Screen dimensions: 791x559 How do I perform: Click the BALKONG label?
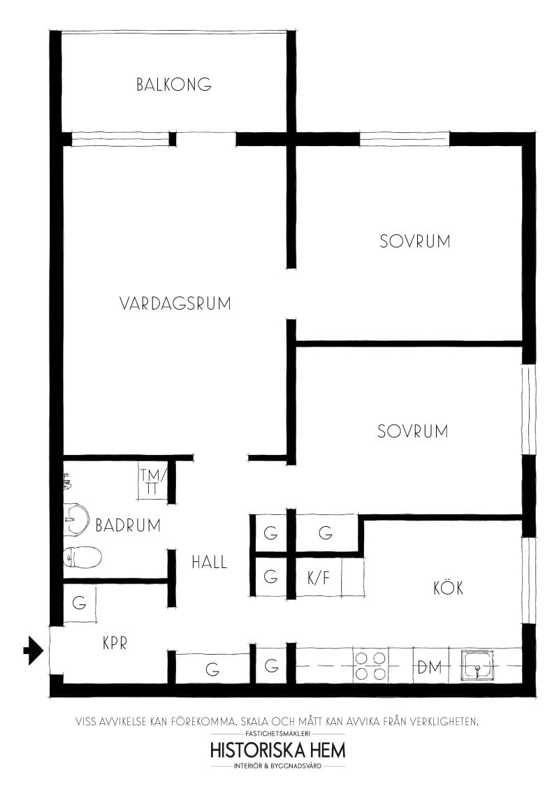tap(174, 85)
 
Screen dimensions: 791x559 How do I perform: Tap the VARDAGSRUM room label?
tap(175, 304)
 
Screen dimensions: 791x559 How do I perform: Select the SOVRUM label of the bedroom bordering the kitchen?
tap(412, 431)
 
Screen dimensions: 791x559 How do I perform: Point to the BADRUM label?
tap(128, 525)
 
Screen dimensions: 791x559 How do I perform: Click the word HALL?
tap(210, 561)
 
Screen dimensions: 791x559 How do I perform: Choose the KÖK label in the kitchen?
tap(448, 588)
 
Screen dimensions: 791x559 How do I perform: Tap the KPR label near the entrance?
tap(115, 643)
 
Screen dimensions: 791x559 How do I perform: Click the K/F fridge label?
tap(318, 578)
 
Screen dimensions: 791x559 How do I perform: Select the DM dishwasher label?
tap(430, 667)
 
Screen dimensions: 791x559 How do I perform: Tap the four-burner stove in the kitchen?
tap(370, 666)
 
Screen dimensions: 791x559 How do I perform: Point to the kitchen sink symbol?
tap(478, 665)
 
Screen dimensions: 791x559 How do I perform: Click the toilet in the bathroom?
tap(82, 557)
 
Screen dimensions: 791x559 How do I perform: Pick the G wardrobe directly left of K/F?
tap(270, 577)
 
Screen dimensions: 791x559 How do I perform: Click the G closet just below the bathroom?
tap(80, 602)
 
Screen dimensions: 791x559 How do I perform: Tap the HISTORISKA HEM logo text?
tap(277, 750)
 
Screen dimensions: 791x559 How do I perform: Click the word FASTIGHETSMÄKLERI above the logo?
tap(277, 734)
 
